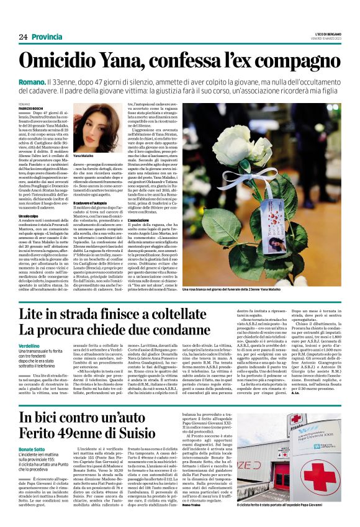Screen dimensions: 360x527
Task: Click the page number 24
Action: (23, 37)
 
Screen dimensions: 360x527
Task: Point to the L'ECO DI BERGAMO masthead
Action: (323, 34)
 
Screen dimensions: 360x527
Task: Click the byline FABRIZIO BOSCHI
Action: (32, 110)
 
